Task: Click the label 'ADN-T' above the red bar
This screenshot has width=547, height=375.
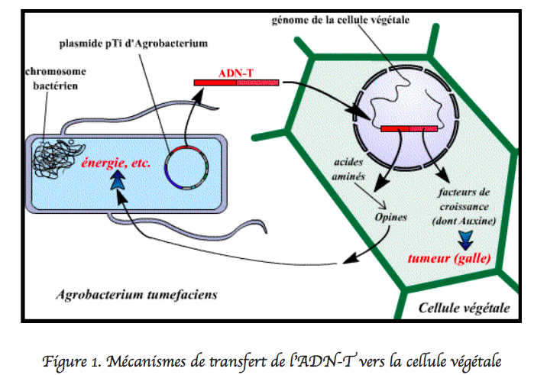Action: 236,73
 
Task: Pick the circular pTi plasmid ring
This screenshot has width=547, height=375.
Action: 189,166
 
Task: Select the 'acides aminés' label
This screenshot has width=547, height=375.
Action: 351,170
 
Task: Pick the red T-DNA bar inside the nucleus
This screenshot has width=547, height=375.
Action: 409,128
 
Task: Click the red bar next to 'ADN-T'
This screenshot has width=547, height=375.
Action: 236,82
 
